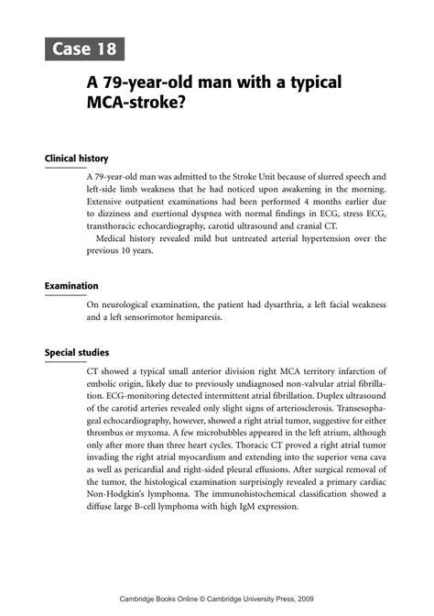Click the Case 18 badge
tap(81, 49)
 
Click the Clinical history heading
tap(77, 159)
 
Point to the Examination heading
tap(73, 286)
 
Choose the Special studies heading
tap(78, 352)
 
